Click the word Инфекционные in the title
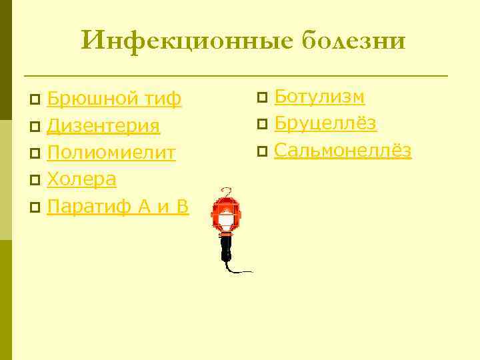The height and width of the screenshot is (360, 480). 186,41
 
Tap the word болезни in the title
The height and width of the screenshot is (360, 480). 353,41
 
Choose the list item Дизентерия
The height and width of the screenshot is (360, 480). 103,127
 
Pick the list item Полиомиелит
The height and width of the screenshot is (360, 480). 111,153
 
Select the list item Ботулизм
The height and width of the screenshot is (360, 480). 319,97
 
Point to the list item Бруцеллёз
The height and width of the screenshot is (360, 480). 325,123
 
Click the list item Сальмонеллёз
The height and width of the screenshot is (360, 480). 343,151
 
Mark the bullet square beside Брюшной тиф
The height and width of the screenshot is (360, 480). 35,101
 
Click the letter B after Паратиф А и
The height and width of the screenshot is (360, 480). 182,207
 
